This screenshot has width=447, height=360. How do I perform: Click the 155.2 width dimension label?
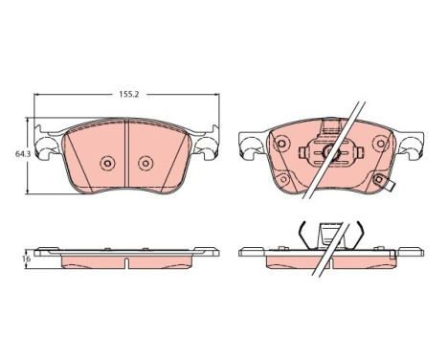pyautogui.click(x=129, y=94)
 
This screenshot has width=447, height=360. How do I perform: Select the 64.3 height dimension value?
pyautogui.click(x=22, y=154)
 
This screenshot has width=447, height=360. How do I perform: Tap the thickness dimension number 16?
pyautogui.click(x=27, y=259)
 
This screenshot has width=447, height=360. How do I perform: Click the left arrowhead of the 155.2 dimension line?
pyautogui.click(x=36, y=95)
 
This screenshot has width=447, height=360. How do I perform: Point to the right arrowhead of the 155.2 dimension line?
pyautogui.click(x=217, y=95)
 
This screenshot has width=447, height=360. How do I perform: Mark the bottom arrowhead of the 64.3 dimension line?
pyautogui.click(x=29, y=191)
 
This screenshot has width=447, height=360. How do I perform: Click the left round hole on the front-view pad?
pyautogui.click(x=107, y=164)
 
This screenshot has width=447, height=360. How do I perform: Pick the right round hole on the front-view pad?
pyautogui.click(x=145, y=164)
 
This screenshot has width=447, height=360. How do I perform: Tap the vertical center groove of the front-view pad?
pyautogui.click(x=126, y=153)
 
